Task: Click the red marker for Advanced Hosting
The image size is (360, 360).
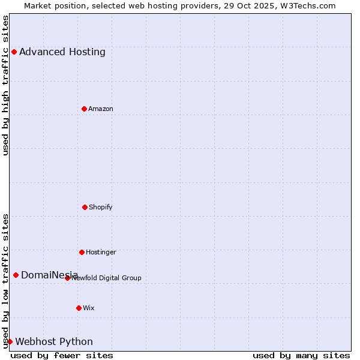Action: [14, 52]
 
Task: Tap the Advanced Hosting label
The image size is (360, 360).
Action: [62, 52]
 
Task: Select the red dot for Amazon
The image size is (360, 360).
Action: [84, 109]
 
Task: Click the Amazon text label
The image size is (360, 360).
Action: [101, 109]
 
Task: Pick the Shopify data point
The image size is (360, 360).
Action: [85, 207]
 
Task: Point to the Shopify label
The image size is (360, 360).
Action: [101, 207]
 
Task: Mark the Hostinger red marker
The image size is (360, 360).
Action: [82, 252]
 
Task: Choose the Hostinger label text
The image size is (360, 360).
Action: [101, 252]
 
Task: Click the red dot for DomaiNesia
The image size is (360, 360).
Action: [16, 275]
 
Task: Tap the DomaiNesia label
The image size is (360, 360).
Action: [49, 275]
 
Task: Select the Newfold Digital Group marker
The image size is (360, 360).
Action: [67, 278]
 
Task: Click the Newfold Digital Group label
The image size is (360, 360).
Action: [107, 278]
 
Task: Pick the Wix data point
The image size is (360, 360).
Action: [79, 308]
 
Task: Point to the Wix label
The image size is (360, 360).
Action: [89, 308]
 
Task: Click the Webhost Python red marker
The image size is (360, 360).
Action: [10, 341]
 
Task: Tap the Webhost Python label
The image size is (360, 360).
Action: [54, 341]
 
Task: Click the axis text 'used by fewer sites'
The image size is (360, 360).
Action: [62, 355]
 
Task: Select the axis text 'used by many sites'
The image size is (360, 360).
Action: [301, 355]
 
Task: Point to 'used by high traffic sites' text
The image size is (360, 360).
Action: [5, 85]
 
